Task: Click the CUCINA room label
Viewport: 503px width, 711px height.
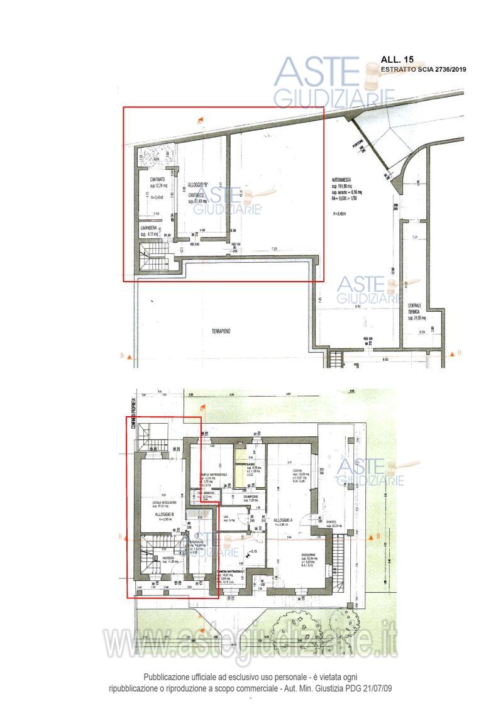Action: pyautogui.click(x=298, y=471)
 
